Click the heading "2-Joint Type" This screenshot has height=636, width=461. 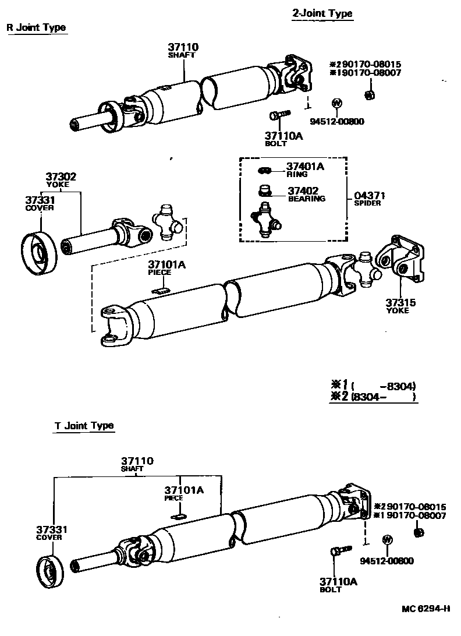point(322,13)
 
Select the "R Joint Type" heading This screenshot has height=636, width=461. point(36,27)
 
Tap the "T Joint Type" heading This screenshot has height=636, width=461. point(84,426)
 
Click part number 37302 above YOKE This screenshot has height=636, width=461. point(61,177)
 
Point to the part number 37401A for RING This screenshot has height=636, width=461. point(304,167)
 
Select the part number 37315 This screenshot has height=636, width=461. point(399,303)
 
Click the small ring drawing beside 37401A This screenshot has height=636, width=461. point(264,170)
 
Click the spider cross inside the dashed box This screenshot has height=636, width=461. point(266,221)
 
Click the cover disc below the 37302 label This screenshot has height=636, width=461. point(39,253)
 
